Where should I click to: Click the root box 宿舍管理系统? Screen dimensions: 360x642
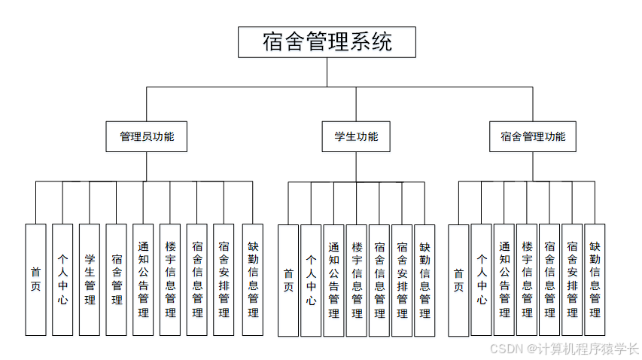click(x=327, y=42)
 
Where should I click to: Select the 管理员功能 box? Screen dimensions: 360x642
click(x=147, y=136)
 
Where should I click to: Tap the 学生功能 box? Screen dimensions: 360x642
click(x=356, y=136)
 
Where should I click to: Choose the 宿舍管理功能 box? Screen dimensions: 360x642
click(x=533, y=136)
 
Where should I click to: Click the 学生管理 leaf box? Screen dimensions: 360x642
click(x=90, y=279)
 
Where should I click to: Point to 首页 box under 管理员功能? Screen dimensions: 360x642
click(x=35, y=279)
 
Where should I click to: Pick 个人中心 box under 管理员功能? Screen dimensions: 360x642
click(x=62, y=279)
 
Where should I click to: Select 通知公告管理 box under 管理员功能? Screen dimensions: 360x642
click(x=143, y=279)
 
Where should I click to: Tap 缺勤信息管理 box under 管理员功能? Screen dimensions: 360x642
click(x=253, y=279)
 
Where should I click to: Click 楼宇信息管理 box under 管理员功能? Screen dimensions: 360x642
click(x=170, y=279)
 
